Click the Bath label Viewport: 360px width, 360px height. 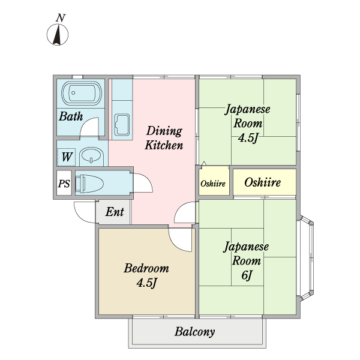tap(70, 116)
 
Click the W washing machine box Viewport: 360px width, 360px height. tap(67, 157)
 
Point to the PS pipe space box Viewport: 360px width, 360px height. tap(64, 184)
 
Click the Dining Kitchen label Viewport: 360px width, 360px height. tap(164, 138)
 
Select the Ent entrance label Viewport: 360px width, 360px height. tap(114, 212)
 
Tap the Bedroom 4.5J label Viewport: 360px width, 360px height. tap(146, 274)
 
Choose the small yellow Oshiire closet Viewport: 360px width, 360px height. tap(213, 183)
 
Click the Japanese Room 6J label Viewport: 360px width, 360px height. tap(247, 260)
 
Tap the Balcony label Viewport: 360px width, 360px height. tap(195, 332)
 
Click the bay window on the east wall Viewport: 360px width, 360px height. tap(306, 258)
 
